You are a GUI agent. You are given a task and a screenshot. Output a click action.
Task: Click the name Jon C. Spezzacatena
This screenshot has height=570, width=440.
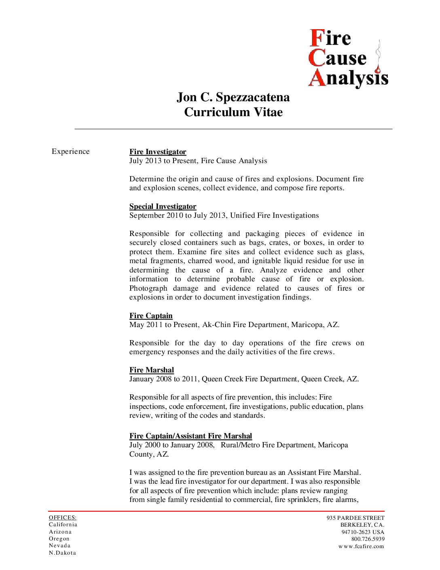coord(233,98)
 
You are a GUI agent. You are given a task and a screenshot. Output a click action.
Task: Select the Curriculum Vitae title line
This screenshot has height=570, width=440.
coord(233,112)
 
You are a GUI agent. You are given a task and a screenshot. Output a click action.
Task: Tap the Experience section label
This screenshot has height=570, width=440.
coord(70,151)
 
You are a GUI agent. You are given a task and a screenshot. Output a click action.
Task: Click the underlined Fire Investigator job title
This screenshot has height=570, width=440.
coord(158,152)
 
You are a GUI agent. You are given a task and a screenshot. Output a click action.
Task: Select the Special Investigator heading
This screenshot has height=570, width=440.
coord(163,206)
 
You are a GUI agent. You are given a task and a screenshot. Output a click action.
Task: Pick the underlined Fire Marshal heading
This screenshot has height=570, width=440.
coord(152,370)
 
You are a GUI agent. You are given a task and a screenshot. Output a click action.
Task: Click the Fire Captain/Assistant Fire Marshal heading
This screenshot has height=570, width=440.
coord(190,436)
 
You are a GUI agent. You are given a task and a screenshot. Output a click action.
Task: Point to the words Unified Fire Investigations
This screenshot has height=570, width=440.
coord(274,215)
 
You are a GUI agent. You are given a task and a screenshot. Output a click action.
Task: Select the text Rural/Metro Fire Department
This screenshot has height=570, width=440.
coord(267,445)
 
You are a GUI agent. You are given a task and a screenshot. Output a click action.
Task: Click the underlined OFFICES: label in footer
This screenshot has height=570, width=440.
coord(62,517)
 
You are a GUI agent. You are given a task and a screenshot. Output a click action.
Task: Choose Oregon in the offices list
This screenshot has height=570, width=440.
coord(59,539)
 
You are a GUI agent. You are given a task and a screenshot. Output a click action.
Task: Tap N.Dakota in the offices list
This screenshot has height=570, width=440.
coord(62,553)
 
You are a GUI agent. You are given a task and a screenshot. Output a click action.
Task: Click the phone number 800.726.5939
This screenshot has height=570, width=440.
coord(368,539)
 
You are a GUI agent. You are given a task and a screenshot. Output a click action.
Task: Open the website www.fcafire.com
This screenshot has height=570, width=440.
coord(361,547)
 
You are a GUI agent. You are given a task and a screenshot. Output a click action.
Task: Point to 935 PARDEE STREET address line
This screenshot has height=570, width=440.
coord(355,518)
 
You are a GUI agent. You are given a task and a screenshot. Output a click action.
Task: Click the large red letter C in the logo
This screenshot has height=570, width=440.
coord(317,58)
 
